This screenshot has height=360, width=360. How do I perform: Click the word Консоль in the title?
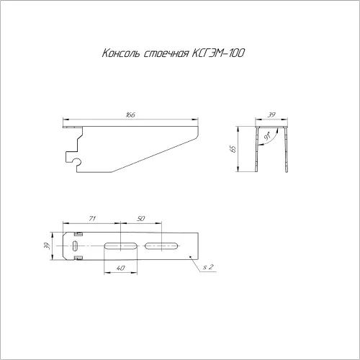tap(121, 53)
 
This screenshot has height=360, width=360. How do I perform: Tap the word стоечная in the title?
tap(166, 53)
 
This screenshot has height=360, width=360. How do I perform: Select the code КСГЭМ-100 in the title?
tap(218, 53)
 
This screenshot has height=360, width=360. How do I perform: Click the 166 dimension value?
tap(130, 114)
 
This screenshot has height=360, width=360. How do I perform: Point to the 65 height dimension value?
tap(233, 149)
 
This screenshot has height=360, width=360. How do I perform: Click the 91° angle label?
tap(266, 136)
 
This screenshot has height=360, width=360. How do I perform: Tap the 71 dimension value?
tap(92, 218)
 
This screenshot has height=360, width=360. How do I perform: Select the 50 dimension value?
tap(141, 218)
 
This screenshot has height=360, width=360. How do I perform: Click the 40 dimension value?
tap(120, 268)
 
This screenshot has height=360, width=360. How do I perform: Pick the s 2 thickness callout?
tap(208, 267)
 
